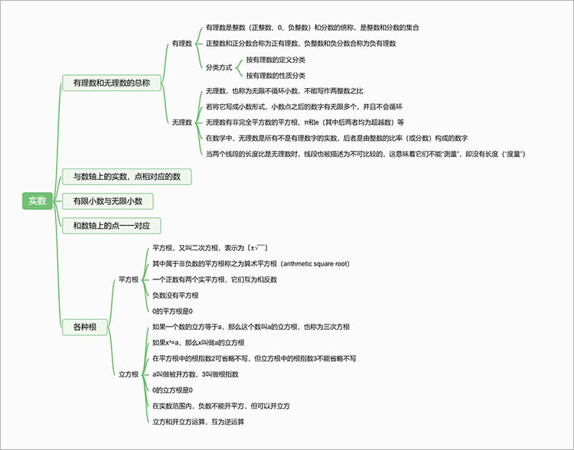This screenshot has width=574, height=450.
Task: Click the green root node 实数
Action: click(38, 201)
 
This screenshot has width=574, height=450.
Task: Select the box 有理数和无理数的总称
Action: click(111, 83)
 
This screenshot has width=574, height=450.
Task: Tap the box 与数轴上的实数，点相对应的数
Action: click(126, 177)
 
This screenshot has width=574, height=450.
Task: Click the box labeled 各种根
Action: click(85, 327)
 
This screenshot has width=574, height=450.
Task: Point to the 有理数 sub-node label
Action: click(182, 44)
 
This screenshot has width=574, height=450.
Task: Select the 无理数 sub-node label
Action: click(182, 122)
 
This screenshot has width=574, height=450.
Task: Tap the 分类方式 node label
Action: click(219, 67)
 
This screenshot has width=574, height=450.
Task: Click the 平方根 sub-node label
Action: click(129, 279)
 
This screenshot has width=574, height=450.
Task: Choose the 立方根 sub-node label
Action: click(129, 374)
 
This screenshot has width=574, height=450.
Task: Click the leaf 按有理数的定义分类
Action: click(276, 60)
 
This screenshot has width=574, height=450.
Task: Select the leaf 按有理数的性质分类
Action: click(276, 75)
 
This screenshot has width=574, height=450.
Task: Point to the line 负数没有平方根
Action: click(175, 295)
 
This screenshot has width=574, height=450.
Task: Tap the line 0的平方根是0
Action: click(172, 311)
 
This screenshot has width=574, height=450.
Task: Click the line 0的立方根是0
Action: click(172, 390)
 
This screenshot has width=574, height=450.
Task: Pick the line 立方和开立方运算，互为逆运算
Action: click(198, 421)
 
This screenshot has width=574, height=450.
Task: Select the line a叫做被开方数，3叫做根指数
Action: click(195, 374)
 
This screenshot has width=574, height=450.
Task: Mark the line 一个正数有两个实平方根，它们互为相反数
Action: click(214, 279)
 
